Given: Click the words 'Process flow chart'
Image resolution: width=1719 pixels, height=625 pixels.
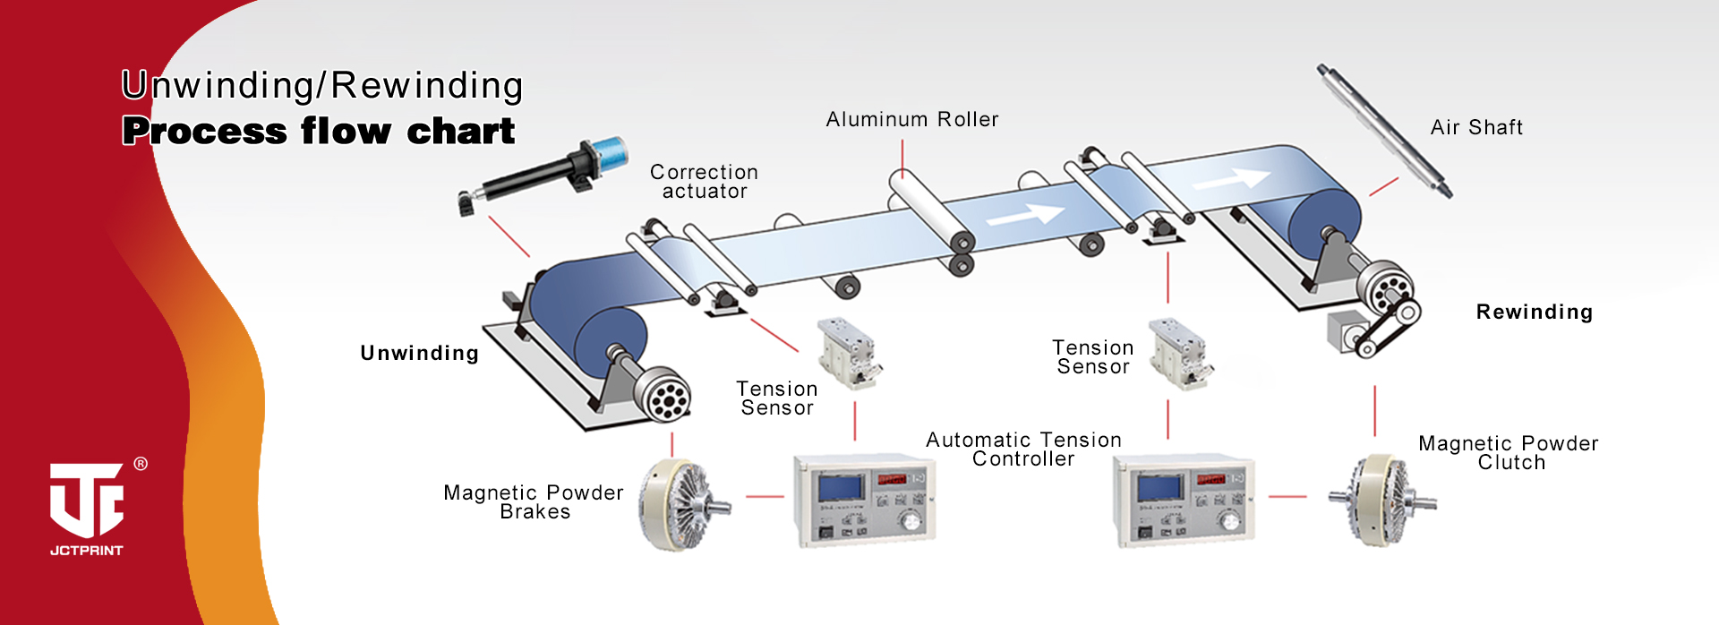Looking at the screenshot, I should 319,132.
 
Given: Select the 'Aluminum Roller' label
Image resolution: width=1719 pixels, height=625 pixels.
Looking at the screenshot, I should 911,120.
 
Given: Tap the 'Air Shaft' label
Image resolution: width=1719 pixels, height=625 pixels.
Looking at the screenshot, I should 1476,128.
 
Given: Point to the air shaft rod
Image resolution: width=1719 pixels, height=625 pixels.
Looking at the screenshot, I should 1383,131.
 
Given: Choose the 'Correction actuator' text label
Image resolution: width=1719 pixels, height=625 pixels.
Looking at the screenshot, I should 704,182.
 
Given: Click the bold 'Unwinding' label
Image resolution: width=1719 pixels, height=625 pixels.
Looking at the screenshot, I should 419,354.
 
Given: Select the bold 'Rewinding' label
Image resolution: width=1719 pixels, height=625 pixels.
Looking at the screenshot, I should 1534,312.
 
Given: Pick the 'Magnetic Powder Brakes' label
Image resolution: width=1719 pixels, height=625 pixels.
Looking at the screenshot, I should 534,502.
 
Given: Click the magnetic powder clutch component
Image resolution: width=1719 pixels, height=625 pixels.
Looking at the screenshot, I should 1380,500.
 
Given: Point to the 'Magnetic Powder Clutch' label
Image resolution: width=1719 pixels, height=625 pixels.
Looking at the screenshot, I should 1509,453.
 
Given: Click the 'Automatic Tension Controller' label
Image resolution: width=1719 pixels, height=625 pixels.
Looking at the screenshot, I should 1023,449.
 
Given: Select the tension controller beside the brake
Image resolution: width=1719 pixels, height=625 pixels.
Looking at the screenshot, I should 864,500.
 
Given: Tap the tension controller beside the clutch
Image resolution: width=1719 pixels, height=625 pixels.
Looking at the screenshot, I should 1183,500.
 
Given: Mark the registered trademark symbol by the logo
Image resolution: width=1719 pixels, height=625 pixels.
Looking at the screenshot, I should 141,464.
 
